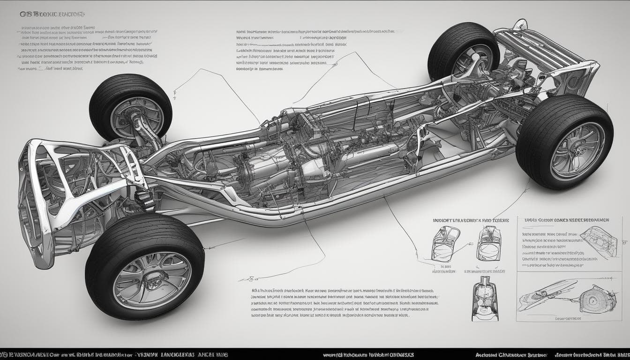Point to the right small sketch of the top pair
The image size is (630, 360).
click(488, 243)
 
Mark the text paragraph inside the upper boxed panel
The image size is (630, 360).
click(551, 248)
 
